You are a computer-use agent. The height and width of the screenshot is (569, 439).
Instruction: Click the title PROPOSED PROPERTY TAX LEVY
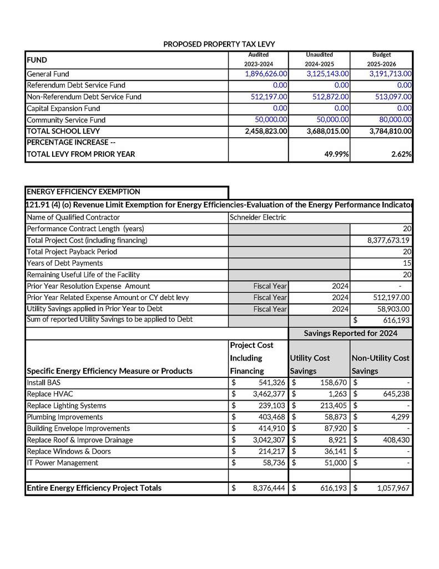tap(219, 44)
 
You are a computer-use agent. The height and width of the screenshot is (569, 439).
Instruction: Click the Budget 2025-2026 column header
tap(381, 59)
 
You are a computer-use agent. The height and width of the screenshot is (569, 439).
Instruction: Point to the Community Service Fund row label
tap(66, 120)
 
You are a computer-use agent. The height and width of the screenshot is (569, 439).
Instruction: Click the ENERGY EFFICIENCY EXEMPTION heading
tap(83, 192)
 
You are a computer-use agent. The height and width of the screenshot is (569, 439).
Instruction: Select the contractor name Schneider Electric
tap(258, 217)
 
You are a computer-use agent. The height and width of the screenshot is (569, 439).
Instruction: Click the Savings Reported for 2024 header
tap(350, 333)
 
